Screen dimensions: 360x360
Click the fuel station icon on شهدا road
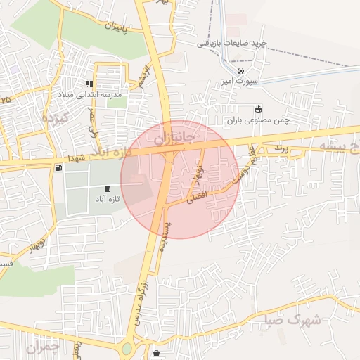pyautogui.click(x=57, y=167)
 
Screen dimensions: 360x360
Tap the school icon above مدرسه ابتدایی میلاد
pyautogui.click(x=89, y=84)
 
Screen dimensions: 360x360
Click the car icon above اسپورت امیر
pyautogui.click(x=241, y=72)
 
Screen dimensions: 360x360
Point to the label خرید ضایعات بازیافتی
pyautogui.click(x=232, y=44)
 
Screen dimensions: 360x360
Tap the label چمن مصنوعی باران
pyautogui.click(x=258, y=120)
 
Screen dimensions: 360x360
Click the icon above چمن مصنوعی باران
pyautogui.click(x=259, y=109)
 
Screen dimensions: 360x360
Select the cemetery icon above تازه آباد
pyautogui.click(x=106, y=188)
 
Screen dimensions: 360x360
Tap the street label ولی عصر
pyautogui.click(x=91, y=122)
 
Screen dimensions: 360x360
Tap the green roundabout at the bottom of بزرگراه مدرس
pyautogui.click(x=127, y=349)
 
